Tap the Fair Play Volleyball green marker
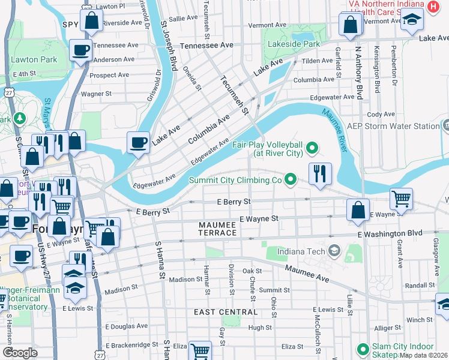click(312, 147)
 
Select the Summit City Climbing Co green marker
click(291, 179)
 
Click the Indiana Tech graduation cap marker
click(334, 250)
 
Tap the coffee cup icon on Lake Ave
click(138, 143)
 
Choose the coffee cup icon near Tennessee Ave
click(80, 50)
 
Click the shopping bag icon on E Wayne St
click(358, 210)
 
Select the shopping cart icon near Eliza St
click(200, 350)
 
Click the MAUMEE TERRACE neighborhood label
click(223, 224)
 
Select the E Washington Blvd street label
click(390, 233)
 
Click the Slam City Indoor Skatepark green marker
click(363, 349)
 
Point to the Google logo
click(20, 353)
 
